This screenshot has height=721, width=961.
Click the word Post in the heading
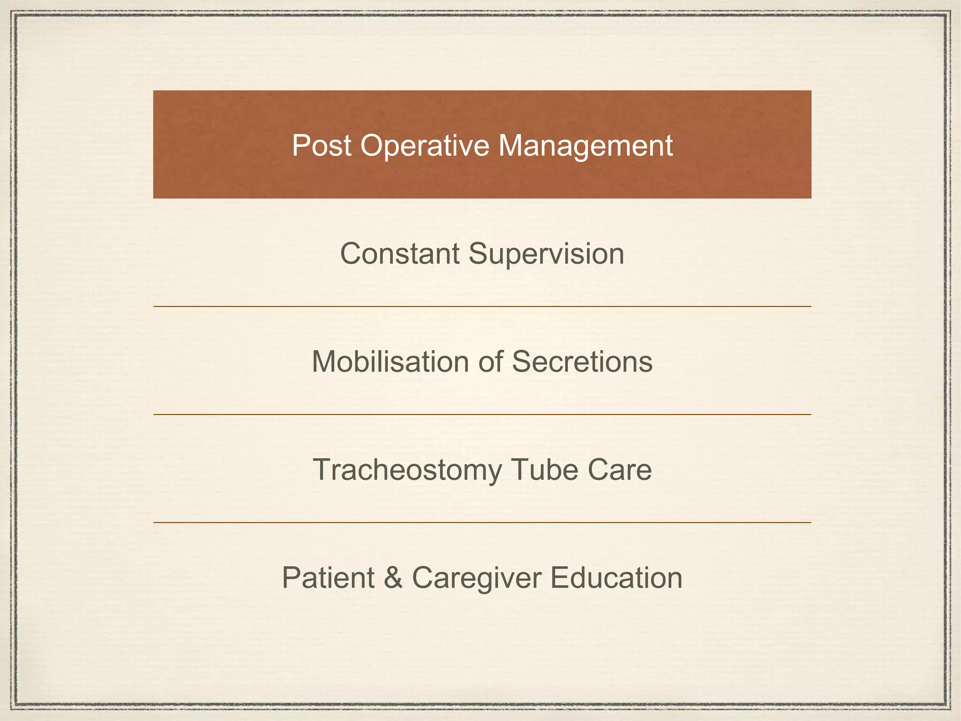[x=321, y=145]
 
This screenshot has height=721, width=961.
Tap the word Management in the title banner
[x=586, y=146]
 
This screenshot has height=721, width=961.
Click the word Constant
[x=400, y=254]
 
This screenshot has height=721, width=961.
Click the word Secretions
[x=582, y=362]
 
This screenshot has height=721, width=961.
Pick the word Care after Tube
[x=619, y=470]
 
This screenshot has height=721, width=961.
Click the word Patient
[x=328, y=578]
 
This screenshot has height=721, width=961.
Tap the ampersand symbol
[x=393, y=578]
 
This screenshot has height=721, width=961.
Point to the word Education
[x=616, y=578]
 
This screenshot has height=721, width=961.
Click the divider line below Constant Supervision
[x=482, y=307]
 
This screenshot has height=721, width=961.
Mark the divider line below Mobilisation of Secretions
[x=482, y=414]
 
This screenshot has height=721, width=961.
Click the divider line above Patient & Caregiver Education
[x=482, y=522]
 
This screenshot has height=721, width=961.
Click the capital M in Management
[x=510, y=145]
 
